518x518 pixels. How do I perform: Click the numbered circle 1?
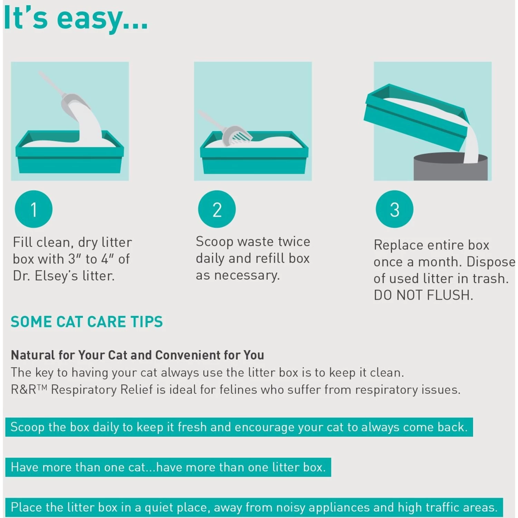coord(33,209)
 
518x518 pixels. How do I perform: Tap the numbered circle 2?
coord(217,209)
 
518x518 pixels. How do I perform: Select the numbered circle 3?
coord(394,209)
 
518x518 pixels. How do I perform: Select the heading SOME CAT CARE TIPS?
coord(87,322)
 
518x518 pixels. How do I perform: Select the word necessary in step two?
coord(247,275)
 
